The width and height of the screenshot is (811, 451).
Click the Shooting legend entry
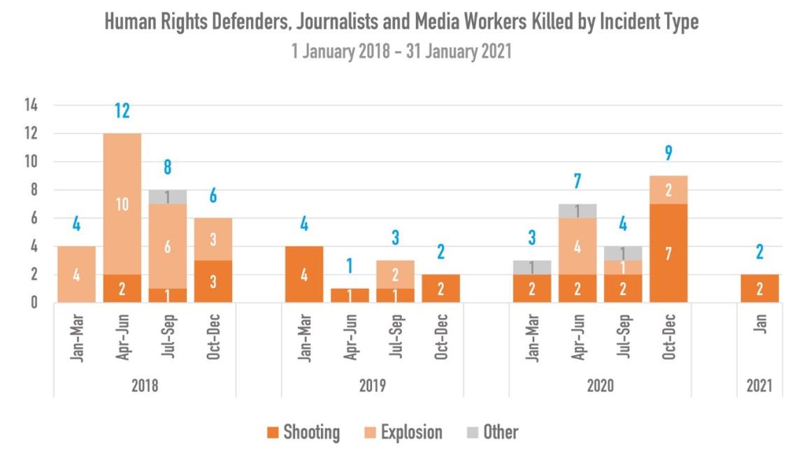point(304,433)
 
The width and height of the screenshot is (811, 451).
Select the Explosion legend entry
point(404,433)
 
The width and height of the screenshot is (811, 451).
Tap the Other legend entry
point(493,433)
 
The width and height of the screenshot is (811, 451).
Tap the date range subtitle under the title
point(402,52)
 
